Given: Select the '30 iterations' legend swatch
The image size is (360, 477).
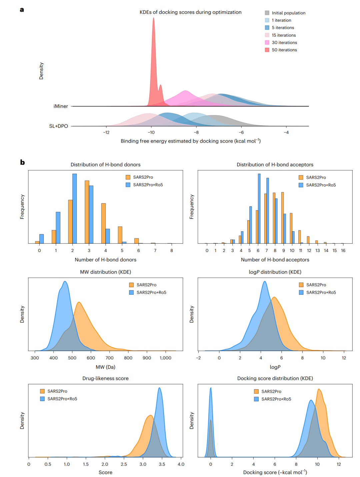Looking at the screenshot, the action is tap(267, 42).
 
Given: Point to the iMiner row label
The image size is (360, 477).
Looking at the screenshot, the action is tap(61, 106).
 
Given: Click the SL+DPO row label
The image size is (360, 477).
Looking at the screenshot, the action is tap(58, 126).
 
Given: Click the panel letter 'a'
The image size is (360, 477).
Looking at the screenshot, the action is tap(22, 10).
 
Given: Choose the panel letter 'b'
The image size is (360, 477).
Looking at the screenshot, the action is tap(22, 162).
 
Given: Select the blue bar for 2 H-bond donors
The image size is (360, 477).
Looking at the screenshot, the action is tap(75, 208).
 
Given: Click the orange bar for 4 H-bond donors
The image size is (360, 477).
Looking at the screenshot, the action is tap(103, 223).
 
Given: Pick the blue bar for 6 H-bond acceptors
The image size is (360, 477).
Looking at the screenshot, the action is tap(259, 208).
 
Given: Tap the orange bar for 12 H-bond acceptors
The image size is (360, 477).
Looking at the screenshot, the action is tap(308, 240).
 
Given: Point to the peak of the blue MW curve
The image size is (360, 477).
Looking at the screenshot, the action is tap(65, 281).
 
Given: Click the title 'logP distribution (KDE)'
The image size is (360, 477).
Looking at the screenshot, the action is tap(275, 272).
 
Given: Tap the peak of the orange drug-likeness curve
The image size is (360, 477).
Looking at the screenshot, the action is tap(150, 415).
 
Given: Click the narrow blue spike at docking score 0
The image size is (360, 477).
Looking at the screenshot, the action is tap(211, 388).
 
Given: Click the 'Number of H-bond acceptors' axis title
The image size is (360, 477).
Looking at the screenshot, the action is tap(275, 260).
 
